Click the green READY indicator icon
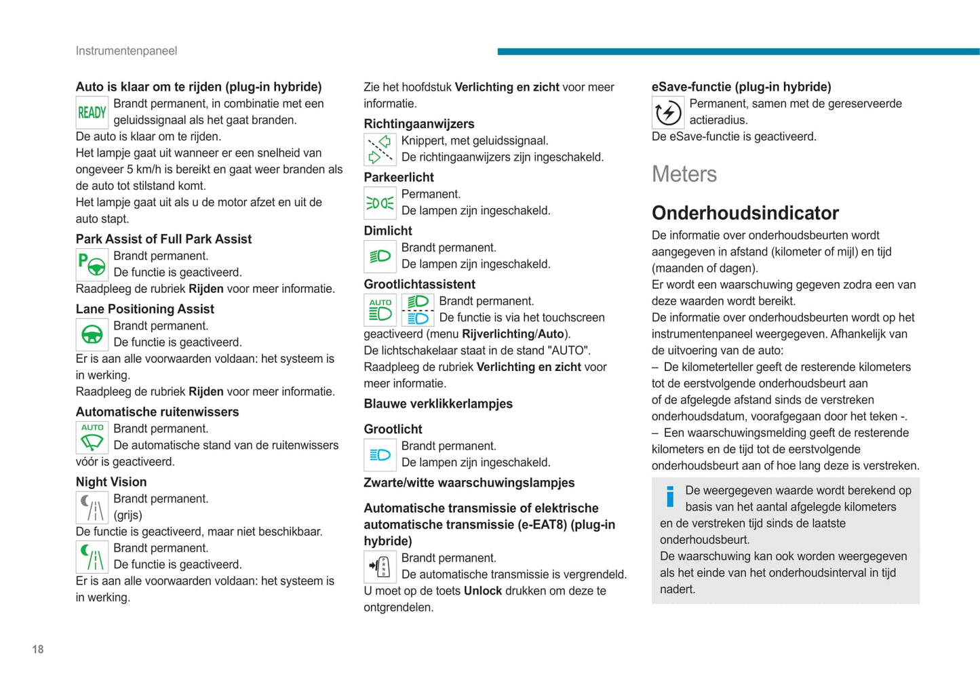[92, 113]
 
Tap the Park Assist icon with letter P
[92, 264]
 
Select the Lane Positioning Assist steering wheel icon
[92, 334]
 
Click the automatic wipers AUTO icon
[92, 437]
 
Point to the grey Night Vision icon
[92, 507]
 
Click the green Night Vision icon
[92, 557]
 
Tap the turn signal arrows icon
[380, 149]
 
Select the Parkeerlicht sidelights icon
[380, 203]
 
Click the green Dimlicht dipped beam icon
[380, 256]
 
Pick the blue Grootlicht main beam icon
[380, 454]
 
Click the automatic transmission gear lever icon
[380, 566]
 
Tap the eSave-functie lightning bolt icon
[667, 113]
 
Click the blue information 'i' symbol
[670, 496]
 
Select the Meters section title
[684, 174]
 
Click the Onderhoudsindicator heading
[745, 213]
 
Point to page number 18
[38, 650]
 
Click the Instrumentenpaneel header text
[126, 51]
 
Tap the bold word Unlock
[482, 591]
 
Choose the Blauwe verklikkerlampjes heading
[437, 404]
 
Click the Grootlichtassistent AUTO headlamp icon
[380, 310]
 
